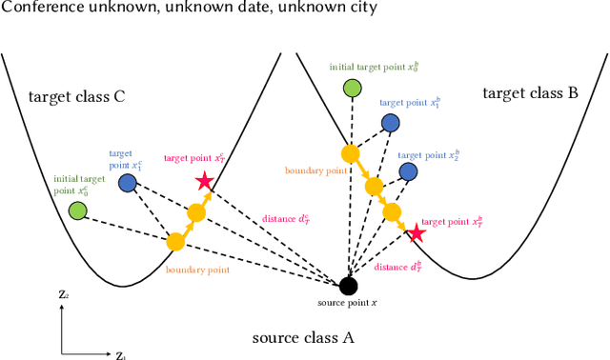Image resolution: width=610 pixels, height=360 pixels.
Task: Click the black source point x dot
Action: coord(349,285)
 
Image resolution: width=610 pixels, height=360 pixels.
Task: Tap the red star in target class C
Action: coord(203,181)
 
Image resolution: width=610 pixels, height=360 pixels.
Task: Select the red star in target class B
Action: coord(416,233)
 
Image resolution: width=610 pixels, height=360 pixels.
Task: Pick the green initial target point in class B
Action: coord(353,89)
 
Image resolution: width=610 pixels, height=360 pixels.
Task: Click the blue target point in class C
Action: coord(127,182)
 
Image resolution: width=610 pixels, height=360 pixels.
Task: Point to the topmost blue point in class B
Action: coord(391,122)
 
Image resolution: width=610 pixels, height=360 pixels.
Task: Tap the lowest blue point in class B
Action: coord(408,171)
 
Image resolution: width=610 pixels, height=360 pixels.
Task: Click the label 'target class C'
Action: coord(77,96)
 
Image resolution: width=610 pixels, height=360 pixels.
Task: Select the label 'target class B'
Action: coord(530,93)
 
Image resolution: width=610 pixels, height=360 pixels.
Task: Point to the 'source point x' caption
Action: coord(349,302)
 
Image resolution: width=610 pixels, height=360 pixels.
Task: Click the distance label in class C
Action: coord(286,219)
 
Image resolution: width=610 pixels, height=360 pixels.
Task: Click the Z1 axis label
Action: coord(120,355)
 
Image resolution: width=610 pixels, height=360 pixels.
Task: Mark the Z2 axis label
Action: coord(63,295)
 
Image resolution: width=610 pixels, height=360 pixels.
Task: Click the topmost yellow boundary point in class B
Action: coord(350,153)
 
